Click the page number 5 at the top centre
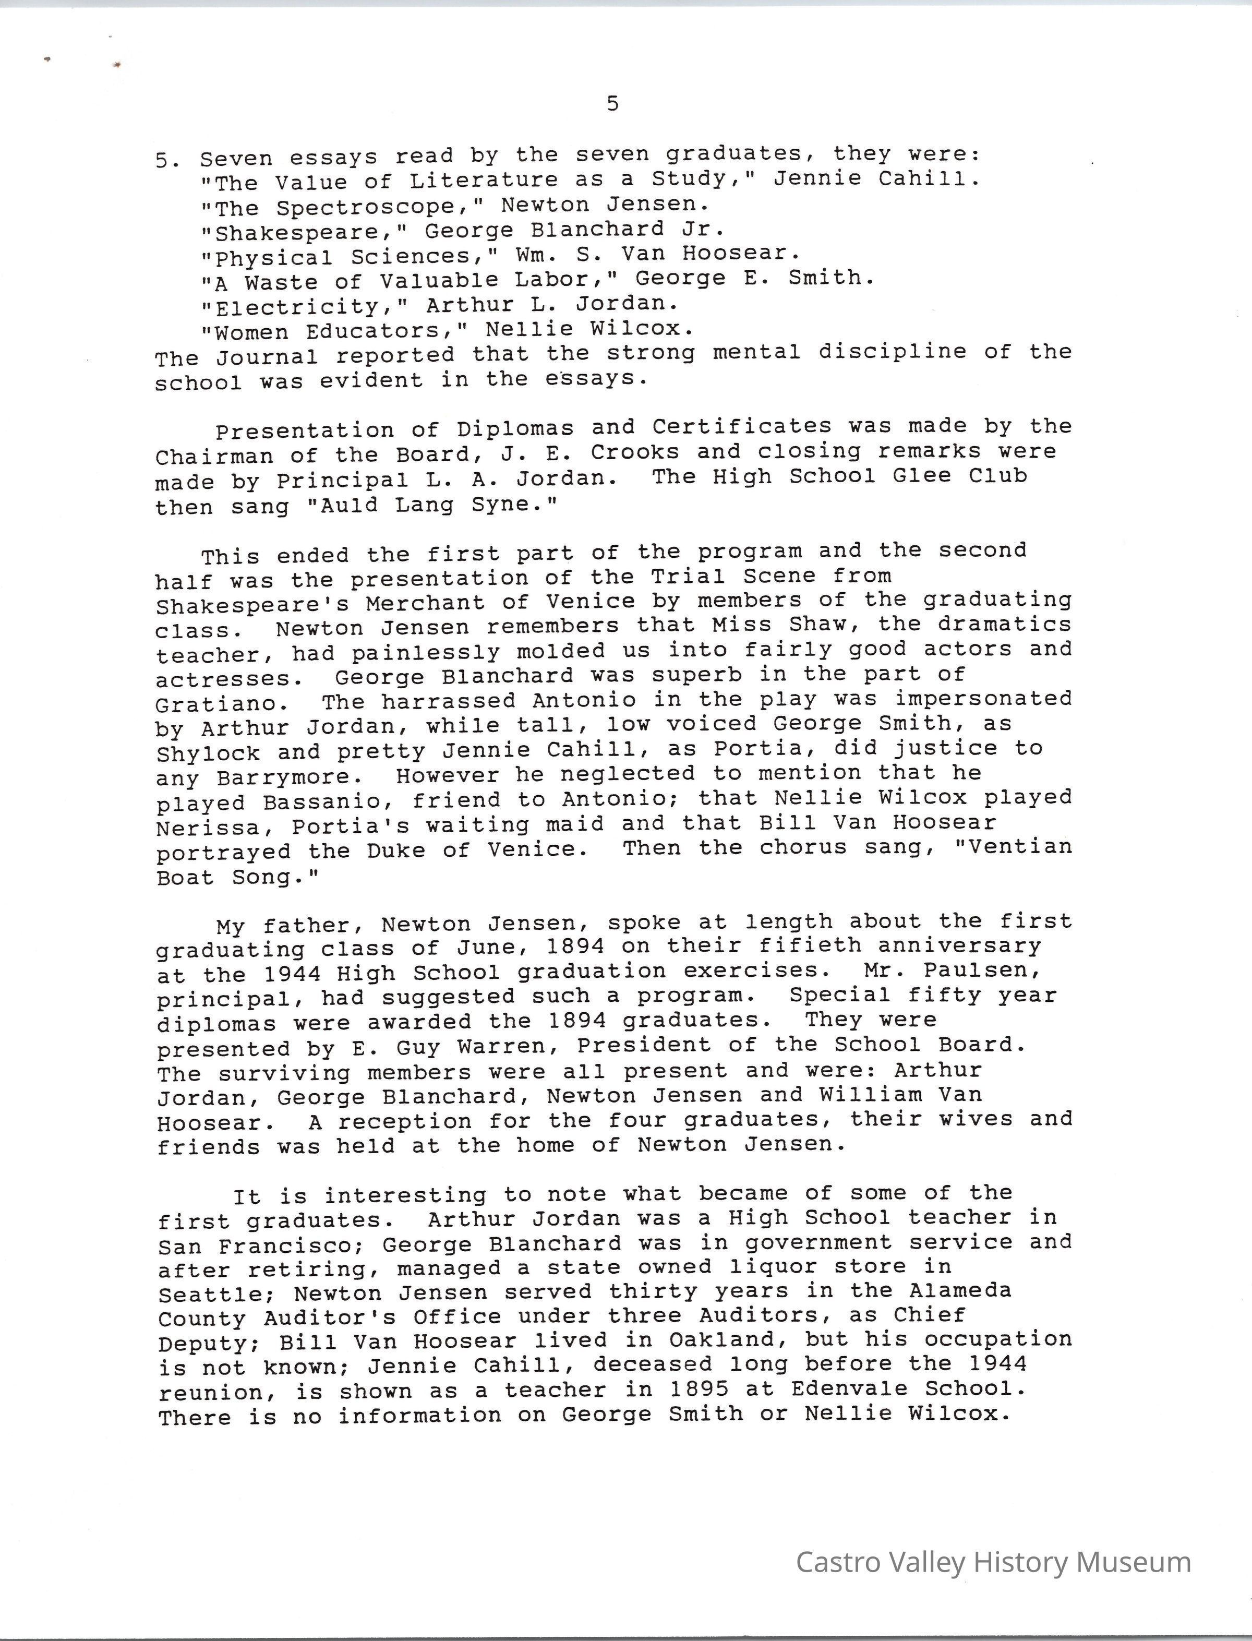click(612, 104)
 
